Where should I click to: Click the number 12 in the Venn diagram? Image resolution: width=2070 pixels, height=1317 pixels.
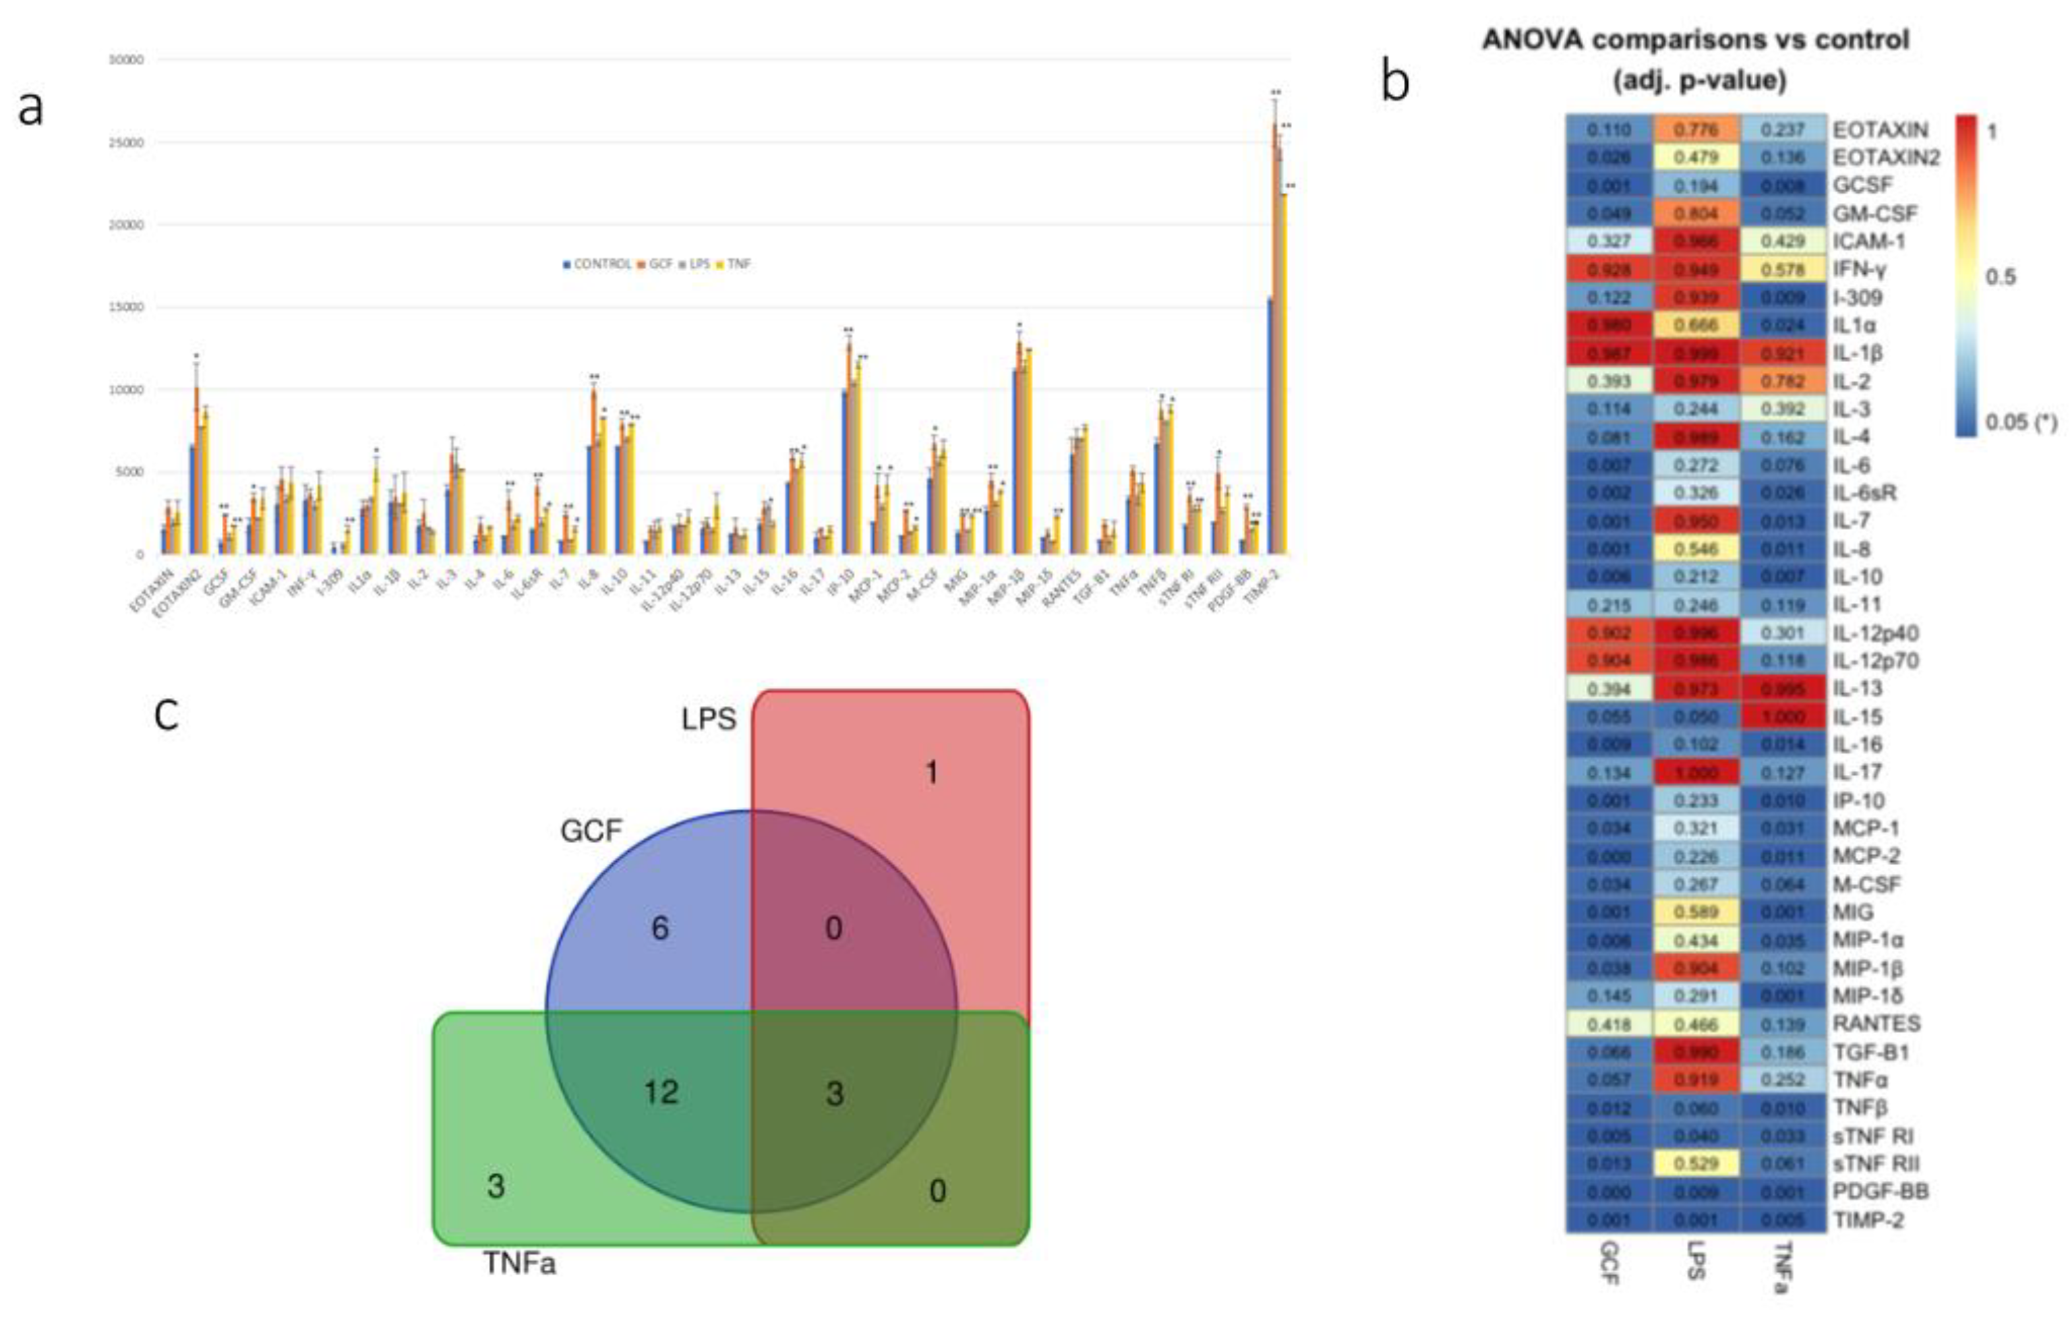click(661, 1092)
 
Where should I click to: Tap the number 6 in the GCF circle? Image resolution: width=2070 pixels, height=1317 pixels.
click(659, 929)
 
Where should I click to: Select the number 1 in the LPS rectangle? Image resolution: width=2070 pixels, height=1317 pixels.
click(931, 773)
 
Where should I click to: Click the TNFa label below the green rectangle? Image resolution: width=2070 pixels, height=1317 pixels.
click(519, 1263)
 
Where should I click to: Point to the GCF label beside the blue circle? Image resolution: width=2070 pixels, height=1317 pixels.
click(591, 831)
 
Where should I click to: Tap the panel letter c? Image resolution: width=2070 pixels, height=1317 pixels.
click(166, 714)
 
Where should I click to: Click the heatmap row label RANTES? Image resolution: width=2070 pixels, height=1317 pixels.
click(1876, 1023)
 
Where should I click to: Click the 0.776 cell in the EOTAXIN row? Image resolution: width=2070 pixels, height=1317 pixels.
click(1695, 129)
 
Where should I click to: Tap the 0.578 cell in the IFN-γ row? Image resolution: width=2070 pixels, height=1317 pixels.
click(1782, 270)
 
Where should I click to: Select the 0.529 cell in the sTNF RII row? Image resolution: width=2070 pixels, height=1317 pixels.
click(1695, 1163)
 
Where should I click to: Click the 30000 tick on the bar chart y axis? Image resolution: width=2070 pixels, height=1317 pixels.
click(125, 60)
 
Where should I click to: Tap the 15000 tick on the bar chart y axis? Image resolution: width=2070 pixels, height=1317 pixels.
click(125, 307)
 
